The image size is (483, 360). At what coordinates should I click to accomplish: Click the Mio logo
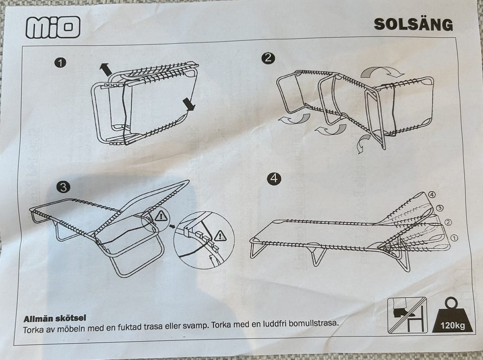[x=53, y=27]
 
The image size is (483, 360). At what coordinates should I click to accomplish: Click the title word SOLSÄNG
[x=414, y=25]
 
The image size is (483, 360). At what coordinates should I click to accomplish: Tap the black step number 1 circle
[x=60, y=63]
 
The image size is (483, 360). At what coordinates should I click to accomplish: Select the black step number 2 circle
[x=268, y=58]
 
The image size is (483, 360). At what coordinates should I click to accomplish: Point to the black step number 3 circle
[x=63, y=187]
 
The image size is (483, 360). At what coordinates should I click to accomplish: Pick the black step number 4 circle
[x=274, y=178]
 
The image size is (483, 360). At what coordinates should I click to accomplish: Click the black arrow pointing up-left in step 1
[x=105, y=69]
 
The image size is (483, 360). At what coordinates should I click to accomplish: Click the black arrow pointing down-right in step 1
[x=189, y=104]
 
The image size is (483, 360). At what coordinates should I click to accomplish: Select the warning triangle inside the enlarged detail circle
[x=220, y=236]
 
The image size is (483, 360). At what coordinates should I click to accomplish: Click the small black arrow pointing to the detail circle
[x=172, y=226]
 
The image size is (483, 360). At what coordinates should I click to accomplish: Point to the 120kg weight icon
[x=452, y=315]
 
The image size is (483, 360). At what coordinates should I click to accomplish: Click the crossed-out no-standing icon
[x=407, y=315]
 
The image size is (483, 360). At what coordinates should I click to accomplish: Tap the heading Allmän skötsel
[x=55, y=318]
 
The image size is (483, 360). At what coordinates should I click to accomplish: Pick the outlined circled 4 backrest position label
[x=432, y=195]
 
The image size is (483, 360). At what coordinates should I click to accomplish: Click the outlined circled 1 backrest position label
[x=454, y=238]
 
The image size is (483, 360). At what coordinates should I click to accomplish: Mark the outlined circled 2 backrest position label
[x=448, y=222]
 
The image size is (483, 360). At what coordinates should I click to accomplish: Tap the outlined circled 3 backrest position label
[x=440, y=208]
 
